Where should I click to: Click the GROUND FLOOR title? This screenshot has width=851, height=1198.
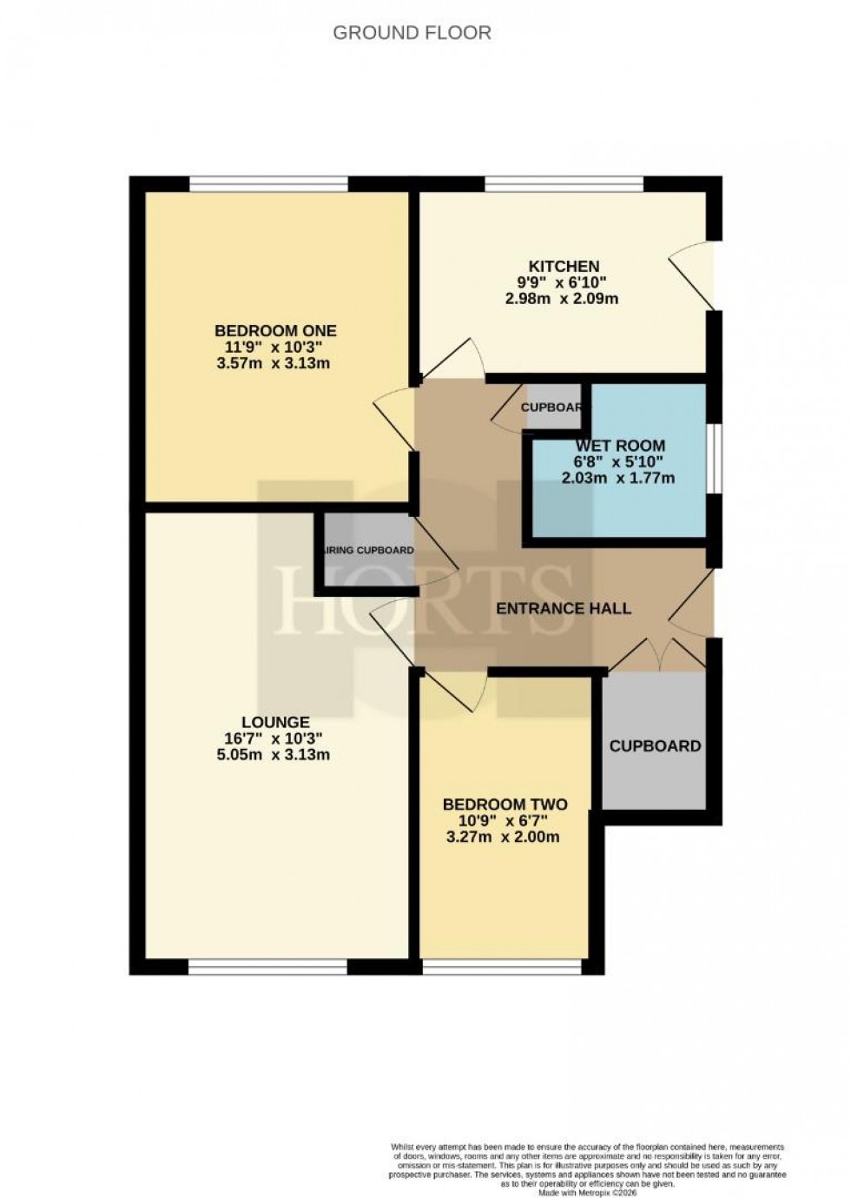tap(412, 33)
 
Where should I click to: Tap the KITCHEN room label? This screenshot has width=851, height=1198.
tap(564, 266)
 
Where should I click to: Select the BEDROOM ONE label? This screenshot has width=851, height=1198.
tap(275, 331)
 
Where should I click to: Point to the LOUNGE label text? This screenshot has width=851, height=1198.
tap(275, 722)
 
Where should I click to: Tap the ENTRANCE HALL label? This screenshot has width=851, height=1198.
tap(564, 608)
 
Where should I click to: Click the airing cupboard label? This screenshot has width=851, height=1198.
tap(368, 550)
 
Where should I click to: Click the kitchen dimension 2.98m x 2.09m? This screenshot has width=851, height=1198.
tap(562, 299)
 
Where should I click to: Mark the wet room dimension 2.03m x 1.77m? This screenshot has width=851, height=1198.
tap(619, 478)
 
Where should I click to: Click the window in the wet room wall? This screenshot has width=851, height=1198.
tap(712, 458)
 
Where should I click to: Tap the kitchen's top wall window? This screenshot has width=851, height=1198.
tap(564, 183)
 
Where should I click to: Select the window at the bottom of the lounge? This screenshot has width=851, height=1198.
tap(268, 965)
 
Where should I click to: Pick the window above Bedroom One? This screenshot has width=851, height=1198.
tap(268, 183)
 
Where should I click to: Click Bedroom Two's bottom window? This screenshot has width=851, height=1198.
tap(501, 965)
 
